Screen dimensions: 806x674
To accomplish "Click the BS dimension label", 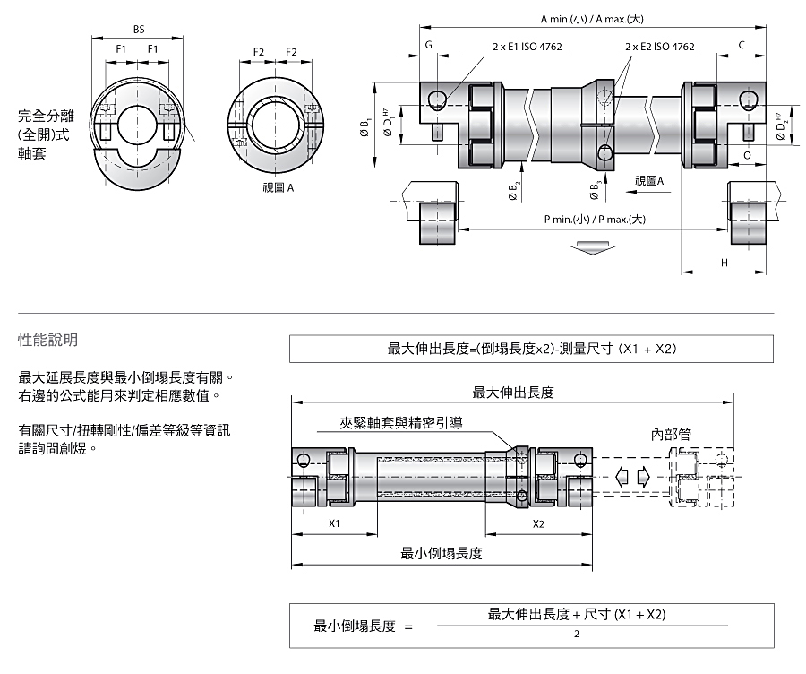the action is pos(139,30).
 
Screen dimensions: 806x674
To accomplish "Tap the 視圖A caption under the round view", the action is pos(279,188).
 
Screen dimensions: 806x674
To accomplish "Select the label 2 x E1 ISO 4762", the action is pos(527,47).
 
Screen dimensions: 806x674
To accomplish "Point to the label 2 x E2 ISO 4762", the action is pos(659,47).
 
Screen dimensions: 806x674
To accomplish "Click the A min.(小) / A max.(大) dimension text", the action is pos(592,19).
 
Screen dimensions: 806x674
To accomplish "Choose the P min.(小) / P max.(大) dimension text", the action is pos(595,220).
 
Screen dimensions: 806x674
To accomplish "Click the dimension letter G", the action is pos(429,46).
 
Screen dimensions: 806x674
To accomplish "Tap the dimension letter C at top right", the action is pos(742,46).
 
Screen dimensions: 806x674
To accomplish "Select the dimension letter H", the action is pos(725,263).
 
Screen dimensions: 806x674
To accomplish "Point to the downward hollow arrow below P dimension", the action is pos(593,247).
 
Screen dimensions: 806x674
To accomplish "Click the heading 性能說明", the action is pos(47,340).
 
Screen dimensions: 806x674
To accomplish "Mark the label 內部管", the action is pos(671,435).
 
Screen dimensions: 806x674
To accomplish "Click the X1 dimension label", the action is pos(334,523).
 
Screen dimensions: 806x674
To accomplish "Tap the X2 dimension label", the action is pos(538,523).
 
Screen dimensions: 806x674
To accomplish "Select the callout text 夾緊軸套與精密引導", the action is pos(401,423).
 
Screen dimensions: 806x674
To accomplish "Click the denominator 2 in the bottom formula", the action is pos(577,635).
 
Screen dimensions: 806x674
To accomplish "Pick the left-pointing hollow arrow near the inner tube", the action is pos(622,478).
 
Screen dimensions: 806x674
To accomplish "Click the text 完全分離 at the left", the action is pos(47,116).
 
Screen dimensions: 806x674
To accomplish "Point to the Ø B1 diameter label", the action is pos(365,127).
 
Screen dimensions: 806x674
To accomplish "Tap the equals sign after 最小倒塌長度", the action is pos(408,627).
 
